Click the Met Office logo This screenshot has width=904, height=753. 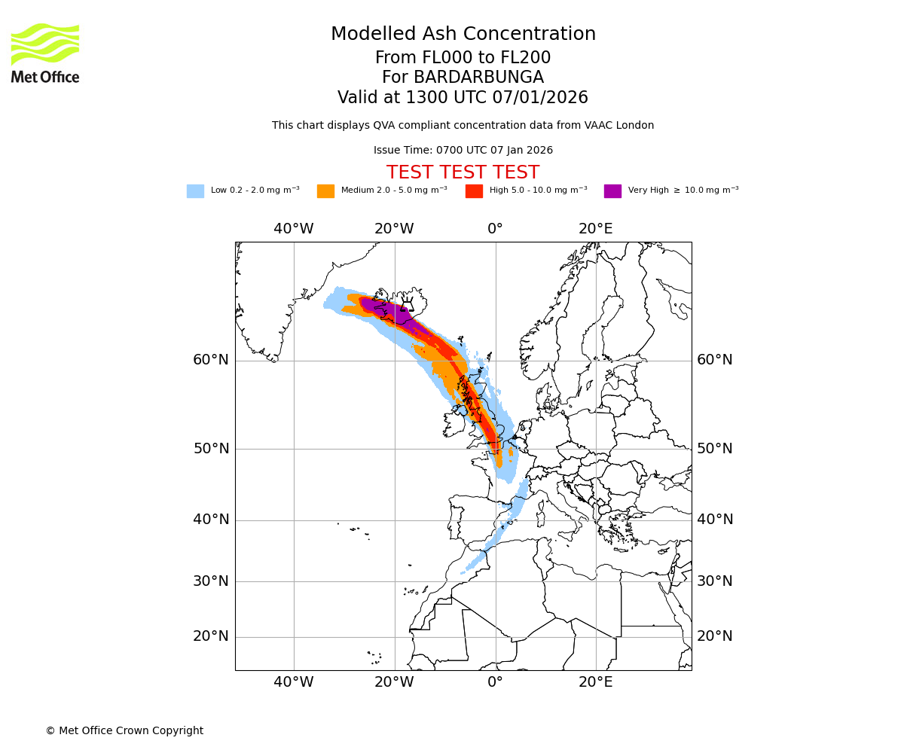(45, 53)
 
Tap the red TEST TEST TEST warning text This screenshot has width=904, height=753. (463, 172)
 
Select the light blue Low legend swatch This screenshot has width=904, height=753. (195, 191)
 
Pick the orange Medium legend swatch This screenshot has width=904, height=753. (325, 191)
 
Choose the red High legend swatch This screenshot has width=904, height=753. (474, 191)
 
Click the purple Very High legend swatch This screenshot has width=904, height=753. (612, 191)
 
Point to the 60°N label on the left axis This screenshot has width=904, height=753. (211, 360)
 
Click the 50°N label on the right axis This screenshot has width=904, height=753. (714, 449)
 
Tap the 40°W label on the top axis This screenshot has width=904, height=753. (293, 229)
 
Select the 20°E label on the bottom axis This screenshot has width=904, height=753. (595, 682)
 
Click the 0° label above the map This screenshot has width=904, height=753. (495, 229)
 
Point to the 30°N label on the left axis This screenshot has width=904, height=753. (211, 581)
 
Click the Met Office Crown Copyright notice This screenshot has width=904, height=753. (124, 730)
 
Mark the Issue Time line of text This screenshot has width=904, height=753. (463, 151)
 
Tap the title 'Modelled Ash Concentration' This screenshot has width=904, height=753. (463, 34)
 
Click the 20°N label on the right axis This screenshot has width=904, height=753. (714, 636)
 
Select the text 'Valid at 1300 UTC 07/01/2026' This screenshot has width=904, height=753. (463, 98)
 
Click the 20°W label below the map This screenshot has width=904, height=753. (394, 682)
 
